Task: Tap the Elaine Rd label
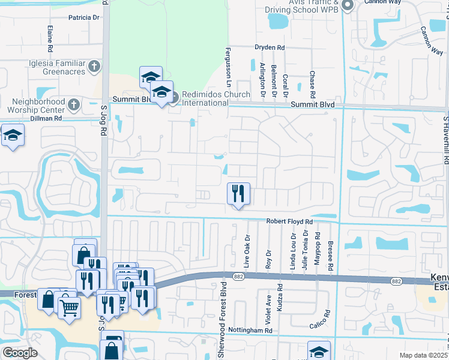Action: tap(49, 34)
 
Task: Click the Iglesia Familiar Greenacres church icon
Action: tap(94, 67)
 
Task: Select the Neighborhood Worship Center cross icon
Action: tap(73, 105)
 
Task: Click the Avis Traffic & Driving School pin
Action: tap(348, 6)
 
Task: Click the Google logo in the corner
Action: tap(20, 352)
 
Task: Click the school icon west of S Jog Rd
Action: tap(12, 136)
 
